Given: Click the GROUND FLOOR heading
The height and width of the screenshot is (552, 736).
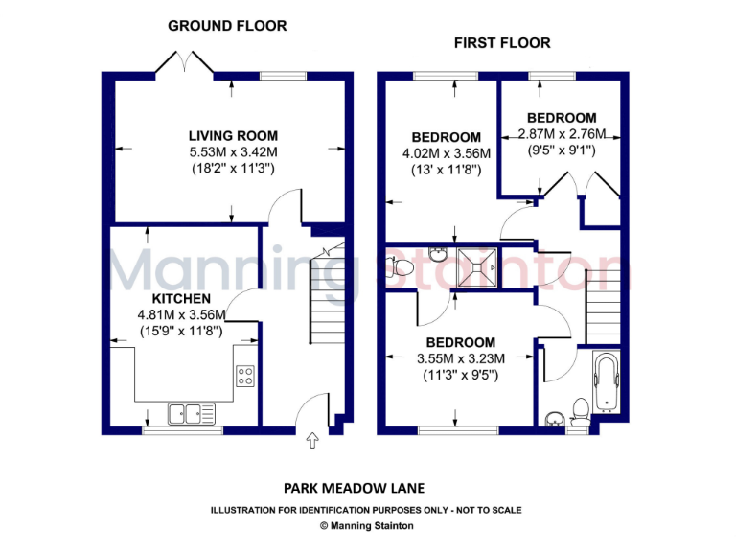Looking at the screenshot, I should pos(227,26).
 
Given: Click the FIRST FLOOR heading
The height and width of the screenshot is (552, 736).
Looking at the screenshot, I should pos(502,43).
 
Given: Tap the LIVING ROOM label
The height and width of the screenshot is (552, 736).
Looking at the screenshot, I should pos(233,135).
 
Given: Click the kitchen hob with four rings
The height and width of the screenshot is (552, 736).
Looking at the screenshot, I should pos(245,377).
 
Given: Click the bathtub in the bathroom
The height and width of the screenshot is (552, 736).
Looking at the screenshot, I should pos(608,382).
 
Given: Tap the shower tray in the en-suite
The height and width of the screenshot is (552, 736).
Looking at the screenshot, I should pos(477,265).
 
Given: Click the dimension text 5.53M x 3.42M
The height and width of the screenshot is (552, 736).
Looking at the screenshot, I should pos(233,151).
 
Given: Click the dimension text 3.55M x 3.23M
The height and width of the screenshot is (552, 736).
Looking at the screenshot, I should pos(461,358).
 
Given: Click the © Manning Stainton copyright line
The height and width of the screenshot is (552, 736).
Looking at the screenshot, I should pos(367,525).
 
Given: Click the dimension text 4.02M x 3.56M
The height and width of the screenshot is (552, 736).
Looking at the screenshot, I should pos(446,153).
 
